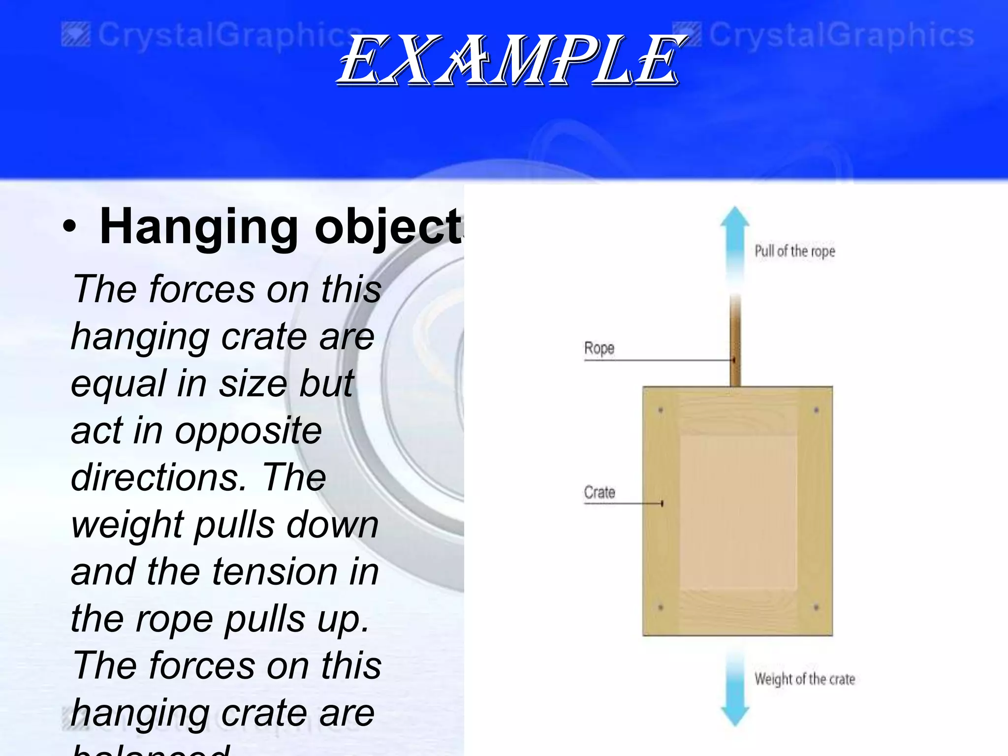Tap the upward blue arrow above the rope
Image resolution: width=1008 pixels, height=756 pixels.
(735, 241)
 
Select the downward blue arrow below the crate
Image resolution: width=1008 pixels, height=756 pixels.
(735, 689)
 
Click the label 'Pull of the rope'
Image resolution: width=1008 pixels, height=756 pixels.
(795, 252)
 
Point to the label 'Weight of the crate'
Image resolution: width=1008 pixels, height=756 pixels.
(805, 679)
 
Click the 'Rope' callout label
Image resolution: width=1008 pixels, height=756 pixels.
(599, 348)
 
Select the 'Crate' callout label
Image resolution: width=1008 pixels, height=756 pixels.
(599, 492)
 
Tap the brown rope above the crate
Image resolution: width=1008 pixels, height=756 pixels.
(735, 345)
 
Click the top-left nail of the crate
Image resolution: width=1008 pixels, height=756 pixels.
(661, 410)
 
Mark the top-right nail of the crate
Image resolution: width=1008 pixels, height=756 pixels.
(816, 410)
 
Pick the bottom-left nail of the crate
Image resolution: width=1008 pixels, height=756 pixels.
(661, 608)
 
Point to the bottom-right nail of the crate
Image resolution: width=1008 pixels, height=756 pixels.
(816, 608)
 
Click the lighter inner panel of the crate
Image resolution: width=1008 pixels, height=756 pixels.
(738, 512)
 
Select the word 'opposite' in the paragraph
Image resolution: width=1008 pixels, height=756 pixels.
(248, 431)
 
